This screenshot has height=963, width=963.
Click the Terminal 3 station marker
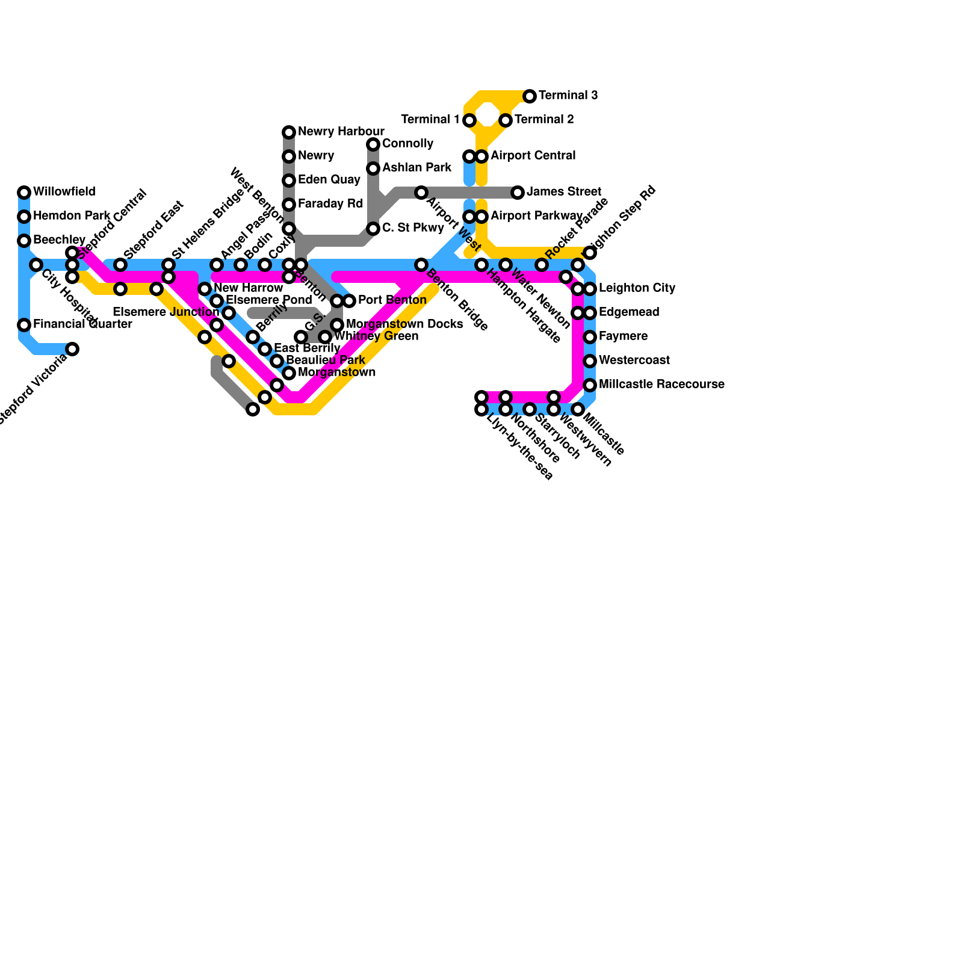click(x=530, y=96)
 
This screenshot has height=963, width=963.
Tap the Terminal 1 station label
click(x=430, y=120)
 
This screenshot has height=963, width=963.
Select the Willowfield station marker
click(x=24, y=193)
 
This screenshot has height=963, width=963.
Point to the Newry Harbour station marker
click(x=289, y=132)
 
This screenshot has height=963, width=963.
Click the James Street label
click(x=564, y=192)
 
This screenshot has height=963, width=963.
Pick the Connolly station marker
click(x=373, y=144)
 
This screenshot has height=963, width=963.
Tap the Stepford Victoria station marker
click(x=72, y=349)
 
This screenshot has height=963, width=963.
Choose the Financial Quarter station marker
click(x=24, y=325)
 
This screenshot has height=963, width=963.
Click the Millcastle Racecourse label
click(x=661, y=385)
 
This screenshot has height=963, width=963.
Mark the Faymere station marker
click(x=590, y=337)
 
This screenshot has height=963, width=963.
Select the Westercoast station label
click(x=634, y=361)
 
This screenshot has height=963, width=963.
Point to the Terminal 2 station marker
click(x=506, y=120)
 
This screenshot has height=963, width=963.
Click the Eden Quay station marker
click(x=289, y=181)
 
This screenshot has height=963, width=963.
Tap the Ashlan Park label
click(x=416, y=168)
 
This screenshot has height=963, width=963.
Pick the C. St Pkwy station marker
click(x=373, y=229)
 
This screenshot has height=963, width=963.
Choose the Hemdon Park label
click(x=72, y=216)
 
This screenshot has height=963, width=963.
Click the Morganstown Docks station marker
click(x=337, y=325)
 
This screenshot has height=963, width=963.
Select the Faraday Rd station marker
click(x=289, y=205)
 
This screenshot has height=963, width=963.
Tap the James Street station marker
click(x=518, y=193)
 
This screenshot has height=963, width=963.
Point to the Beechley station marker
click(x=24, y=241)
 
